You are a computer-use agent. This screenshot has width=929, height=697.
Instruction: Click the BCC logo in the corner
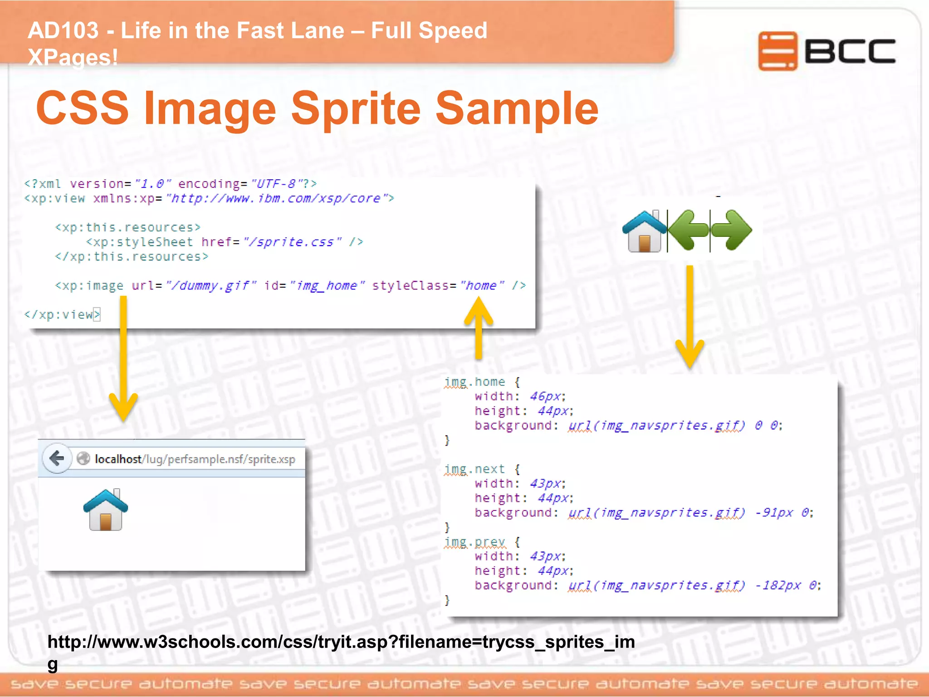coord(826,51)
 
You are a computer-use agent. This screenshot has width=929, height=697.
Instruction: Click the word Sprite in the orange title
coord(356,109)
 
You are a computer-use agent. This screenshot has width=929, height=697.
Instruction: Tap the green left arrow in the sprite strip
coord(688,230)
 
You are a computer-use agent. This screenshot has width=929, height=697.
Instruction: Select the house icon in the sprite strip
coord(644,231)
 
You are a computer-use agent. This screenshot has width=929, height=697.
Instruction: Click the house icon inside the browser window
coord(106,510)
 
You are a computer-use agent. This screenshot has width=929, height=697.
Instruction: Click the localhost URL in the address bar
coord(195,459)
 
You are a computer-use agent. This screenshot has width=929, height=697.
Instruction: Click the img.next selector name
coord(474,469)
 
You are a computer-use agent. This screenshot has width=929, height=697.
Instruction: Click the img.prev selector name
coord(474,542)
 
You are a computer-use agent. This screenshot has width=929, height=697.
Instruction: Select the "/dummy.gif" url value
coord(211,285)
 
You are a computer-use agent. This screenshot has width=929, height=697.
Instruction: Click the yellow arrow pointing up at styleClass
coord(479,327)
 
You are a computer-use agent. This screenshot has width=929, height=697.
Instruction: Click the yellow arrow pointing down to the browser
coord(123,358)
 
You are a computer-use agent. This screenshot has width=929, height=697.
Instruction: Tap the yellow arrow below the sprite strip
coord(689,318)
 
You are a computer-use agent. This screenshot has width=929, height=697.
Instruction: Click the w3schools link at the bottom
coord(341,642)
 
